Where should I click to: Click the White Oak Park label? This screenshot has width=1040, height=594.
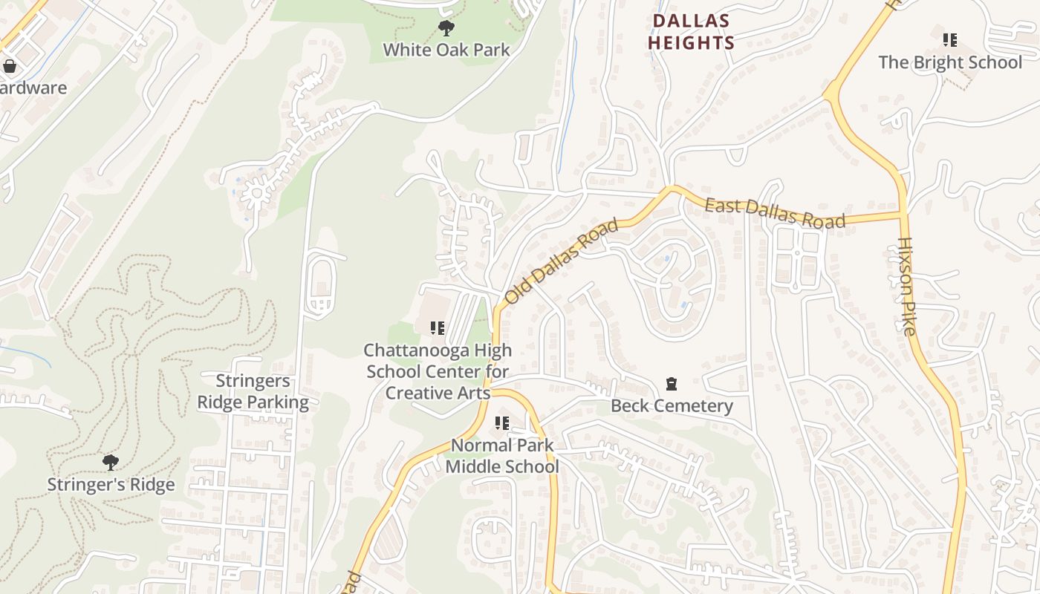point(446,50)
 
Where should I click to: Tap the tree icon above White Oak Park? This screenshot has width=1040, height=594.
point(446,29)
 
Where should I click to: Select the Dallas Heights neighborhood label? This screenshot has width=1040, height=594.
point(691,32)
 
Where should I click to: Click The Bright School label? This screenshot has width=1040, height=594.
point(950,62)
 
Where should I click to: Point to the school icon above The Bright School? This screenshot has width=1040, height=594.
point(949,40)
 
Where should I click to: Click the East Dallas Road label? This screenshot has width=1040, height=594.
point(775,213)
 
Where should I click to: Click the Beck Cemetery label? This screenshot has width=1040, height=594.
point(672,406)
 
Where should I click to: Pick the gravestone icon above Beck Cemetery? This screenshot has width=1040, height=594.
point(672,385)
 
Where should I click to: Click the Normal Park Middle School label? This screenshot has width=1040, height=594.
point(502,456)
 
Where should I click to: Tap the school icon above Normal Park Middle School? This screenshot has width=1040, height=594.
point(502,423)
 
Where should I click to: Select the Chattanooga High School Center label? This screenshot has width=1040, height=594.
point(438,371)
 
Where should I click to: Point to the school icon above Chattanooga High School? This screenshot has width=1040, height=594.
point(438,327)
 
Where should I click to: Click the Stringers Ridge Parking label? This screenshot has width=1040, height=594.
point(253,392)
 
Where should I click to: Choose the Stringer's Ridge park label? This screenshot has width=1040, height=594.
point(111,485)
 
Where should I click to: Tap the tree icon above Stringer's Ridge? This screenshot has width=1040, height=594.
point(111,463)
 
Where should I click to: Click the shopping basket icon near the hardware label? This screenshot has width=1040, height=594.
point(10,67)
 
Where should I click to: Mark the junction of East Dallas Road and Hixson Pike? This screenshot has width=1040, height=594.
point(903,215)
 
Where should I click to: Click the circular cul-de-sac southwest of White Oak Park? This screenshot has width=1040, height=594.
point(257,193)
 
